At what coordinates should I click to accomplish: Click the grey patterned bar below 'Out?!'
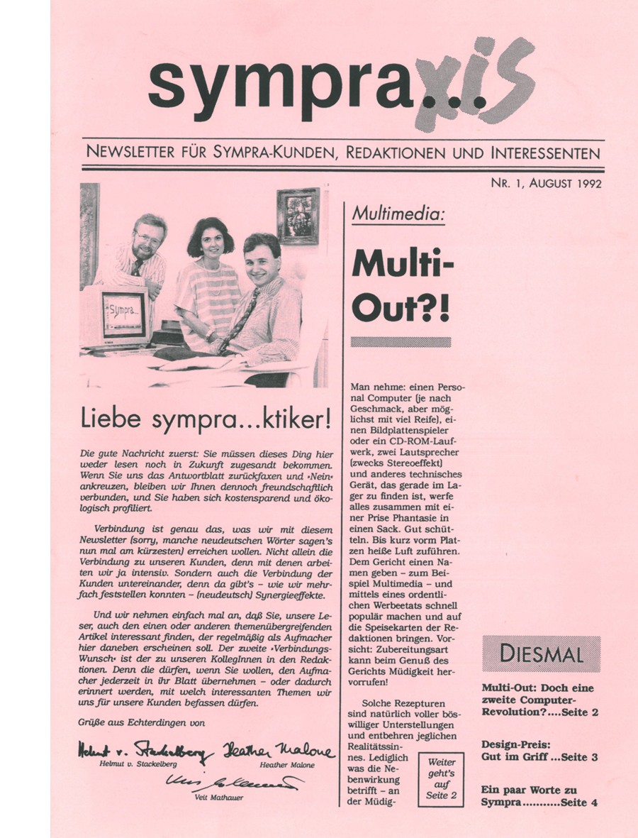click(401, 342)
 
